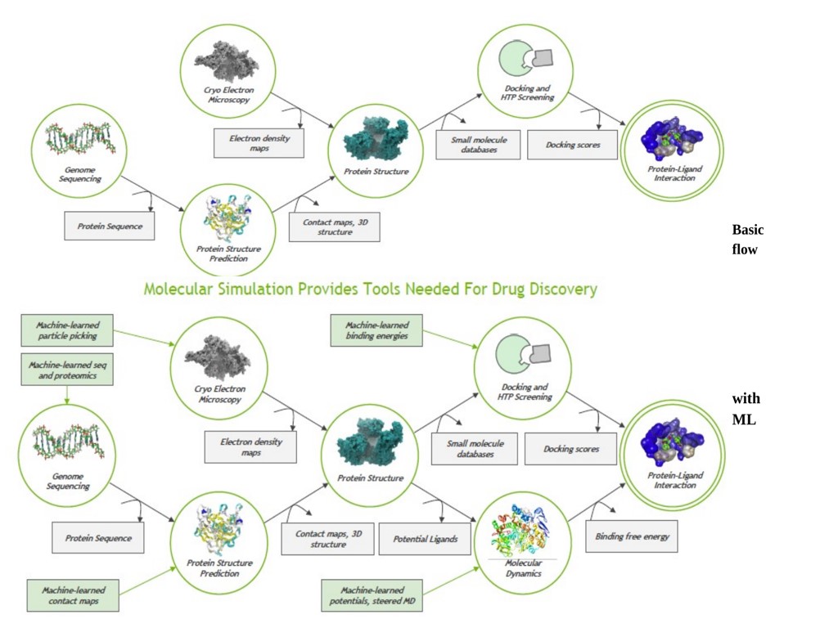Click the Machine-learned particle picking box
point(66,330)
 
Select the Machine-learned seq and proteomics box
point(66,370)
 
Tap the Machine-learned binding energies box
point(376,330)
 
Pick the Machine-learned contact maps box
point(72,595)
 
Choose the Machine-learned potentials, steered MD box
point(372,595)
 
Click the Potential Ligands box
point(426,539)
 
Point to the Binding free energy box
point(632,536)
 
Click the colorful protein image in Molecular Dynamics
point(523,532)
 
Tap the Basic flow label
point(746,239)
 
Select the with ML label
point(746,409)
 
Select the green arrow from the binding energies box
point(451,338)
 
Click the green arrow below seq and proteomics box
point(66,395)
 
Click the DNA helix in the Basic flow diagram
point(80,139)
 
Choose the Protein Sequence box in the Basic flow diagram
point(109,227)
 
